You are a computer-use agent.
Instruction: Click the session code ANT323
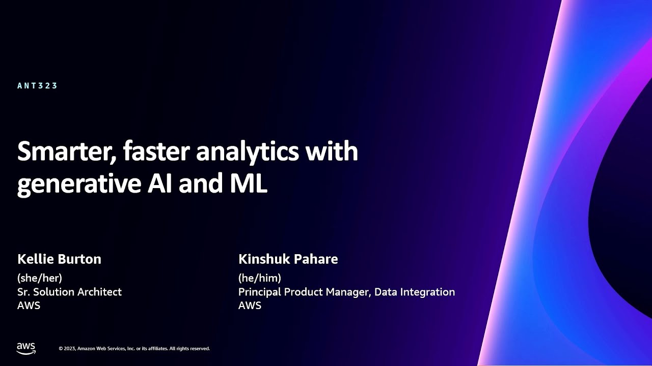pyautogui.click(x=37, y=86)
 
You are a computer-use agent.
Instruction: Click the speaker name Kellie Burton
pyautogui.click(x=59, y=259)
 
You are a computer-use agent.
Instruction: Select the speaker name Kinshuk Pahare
pyautogui.click(x=288, y=259)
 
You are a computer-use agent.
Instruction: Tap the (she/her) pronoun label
pyautogui.click(x=40, y=278)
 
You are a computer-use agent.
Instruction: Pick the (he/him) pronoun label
pyautogui.click(x=260, y=278)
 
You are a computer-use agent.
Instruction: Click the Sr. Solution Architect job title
pyautogui.click(x=69, y=292)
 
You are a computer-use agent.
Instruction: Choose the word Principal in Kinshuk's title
pyautogui.click(x=260, y=292)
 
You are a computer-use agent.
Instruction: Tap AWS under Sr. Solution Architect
pyautogui.click(x=29, y=306)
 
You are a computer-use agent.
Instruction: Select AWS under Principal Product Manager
pyautogui.click(x=250, y=306)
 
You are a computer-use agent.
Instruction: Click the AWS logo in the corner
pyautogui.click(x=26, y=348)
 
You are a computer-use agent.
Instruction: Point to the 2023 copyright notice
pyautogui.click(x=134, y=349)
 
